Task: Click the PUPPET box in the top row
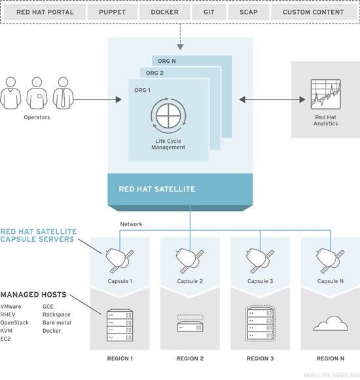click(113, 12)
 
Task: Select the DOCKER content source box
click(165, 12)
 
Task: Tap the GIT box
click(209, 12)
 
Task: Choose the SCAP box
click(249, 12)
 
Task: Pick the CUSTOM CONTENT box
click(314, 12)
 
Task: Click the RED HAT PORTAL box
click(45, 12)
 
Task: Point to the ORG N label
click(167, 61)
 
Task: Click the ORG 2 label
click(154, 73)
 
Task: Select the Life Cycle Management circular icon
click(168, 115)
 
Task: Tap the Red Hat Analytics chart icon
click(325, 94)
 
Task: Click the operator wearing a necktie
click(63, 93)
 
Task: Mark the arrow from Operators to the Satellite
click(98, 100)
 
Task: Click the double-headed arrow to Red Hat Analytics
click(272, 100)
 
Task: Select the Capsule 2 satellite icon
click(190, 261)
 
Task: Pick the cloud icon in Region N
click(331, 323)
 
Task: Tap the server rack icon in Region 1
click(120, 325)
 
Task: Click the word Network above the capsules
click(131, 224)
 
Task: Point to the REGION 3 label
click(261, 358)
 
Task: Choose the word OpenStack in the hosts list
click(14, 323)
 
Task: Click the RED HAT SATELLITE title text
click(157, 189)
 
